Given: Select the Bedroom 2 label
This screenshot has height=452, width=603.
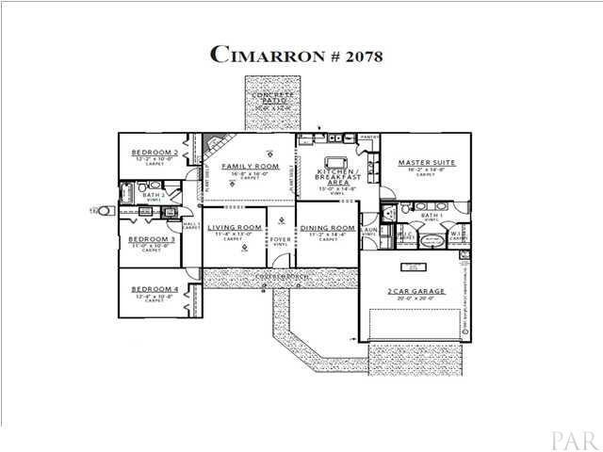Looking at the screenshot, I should click(x=154, y=152).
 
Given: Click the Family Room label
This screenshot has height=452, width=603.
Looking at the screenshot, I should click(x=246, y=166).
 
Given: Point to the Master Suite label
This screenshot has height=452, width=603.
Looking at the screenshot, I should click(x=426, y=163).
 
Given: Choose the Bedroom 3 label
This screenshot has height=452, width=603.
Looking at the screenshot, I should click(x=152, y=239).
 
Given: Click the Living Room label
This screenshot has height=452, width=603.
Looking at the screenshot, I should click(x=235, y=228).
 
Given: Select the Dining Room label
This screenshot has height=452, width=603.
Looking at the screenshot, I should click(x=327, y=229).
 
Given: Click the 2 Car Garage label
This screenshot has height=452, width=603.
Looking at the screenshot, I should click(x=415, y=293).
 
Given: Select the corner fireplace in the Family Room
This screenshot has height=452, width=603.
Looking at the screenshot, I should click(x=215, y=147).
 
